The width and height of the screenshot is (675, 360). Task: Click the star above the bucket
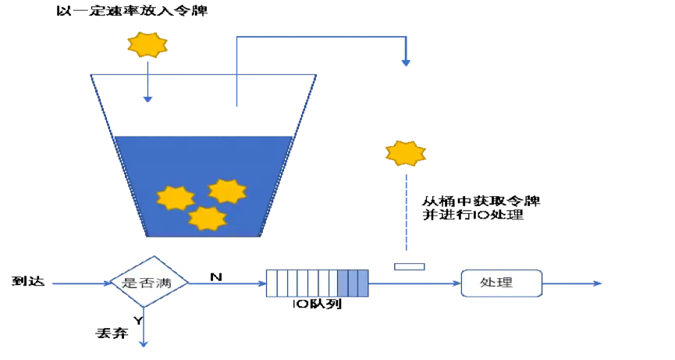pyautogui.click(x=147, y=45)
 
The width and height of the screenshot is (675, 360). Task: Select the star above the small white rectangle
pyautogui.click(x=406, y=153)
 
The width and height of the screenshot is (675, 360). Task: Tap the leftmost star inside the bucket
pyautogui.click(x=176, y=198)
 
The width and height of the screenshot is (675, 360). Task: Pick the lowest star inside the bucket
pyautogui.click(x=208, y=219)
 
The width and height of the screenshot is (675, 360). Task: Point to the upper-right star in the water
pyautogui.click(x=227, y=191)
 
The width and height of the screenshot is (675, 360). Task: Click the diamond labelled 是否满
pyautogui.click(x=147, y=283)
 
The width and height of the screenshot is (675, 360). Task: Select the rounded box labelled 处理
pyautogui.click(x=501, y=283)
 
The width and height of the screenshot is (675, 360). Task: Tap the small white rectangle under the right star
pyautogui.click(x=409, y=267)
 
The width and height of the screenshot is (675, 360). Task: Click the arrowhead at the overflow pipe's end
pyautogui.click(x=406, y=62)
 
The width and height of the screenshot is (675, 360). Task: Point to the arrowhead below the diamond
pyautogui.click(x=144, y=343)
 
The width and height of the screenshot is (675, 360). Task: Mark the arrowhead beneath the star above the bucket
pyautogui.click(x=148, y=99)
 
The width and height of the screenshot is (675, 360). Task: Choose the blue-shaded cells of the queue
pyautogui.click(x=353, y=283)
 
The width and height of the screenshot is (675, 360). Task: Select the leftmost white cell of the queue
pyautogui.click(x=271, y=283)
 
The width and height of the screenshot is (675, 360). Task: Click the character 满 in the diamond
pyautogui.click(x=164, y=283)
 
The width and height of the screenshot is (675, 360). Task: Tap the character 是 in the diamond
pyautogui.click(x=130, y=283)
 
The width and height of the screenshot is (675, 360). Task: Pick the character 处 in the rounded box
pyautogui.click(x=488, y=283)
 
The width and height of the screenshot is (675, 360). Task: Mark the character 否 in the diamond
pyautogui.click(x=147, y=283)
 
